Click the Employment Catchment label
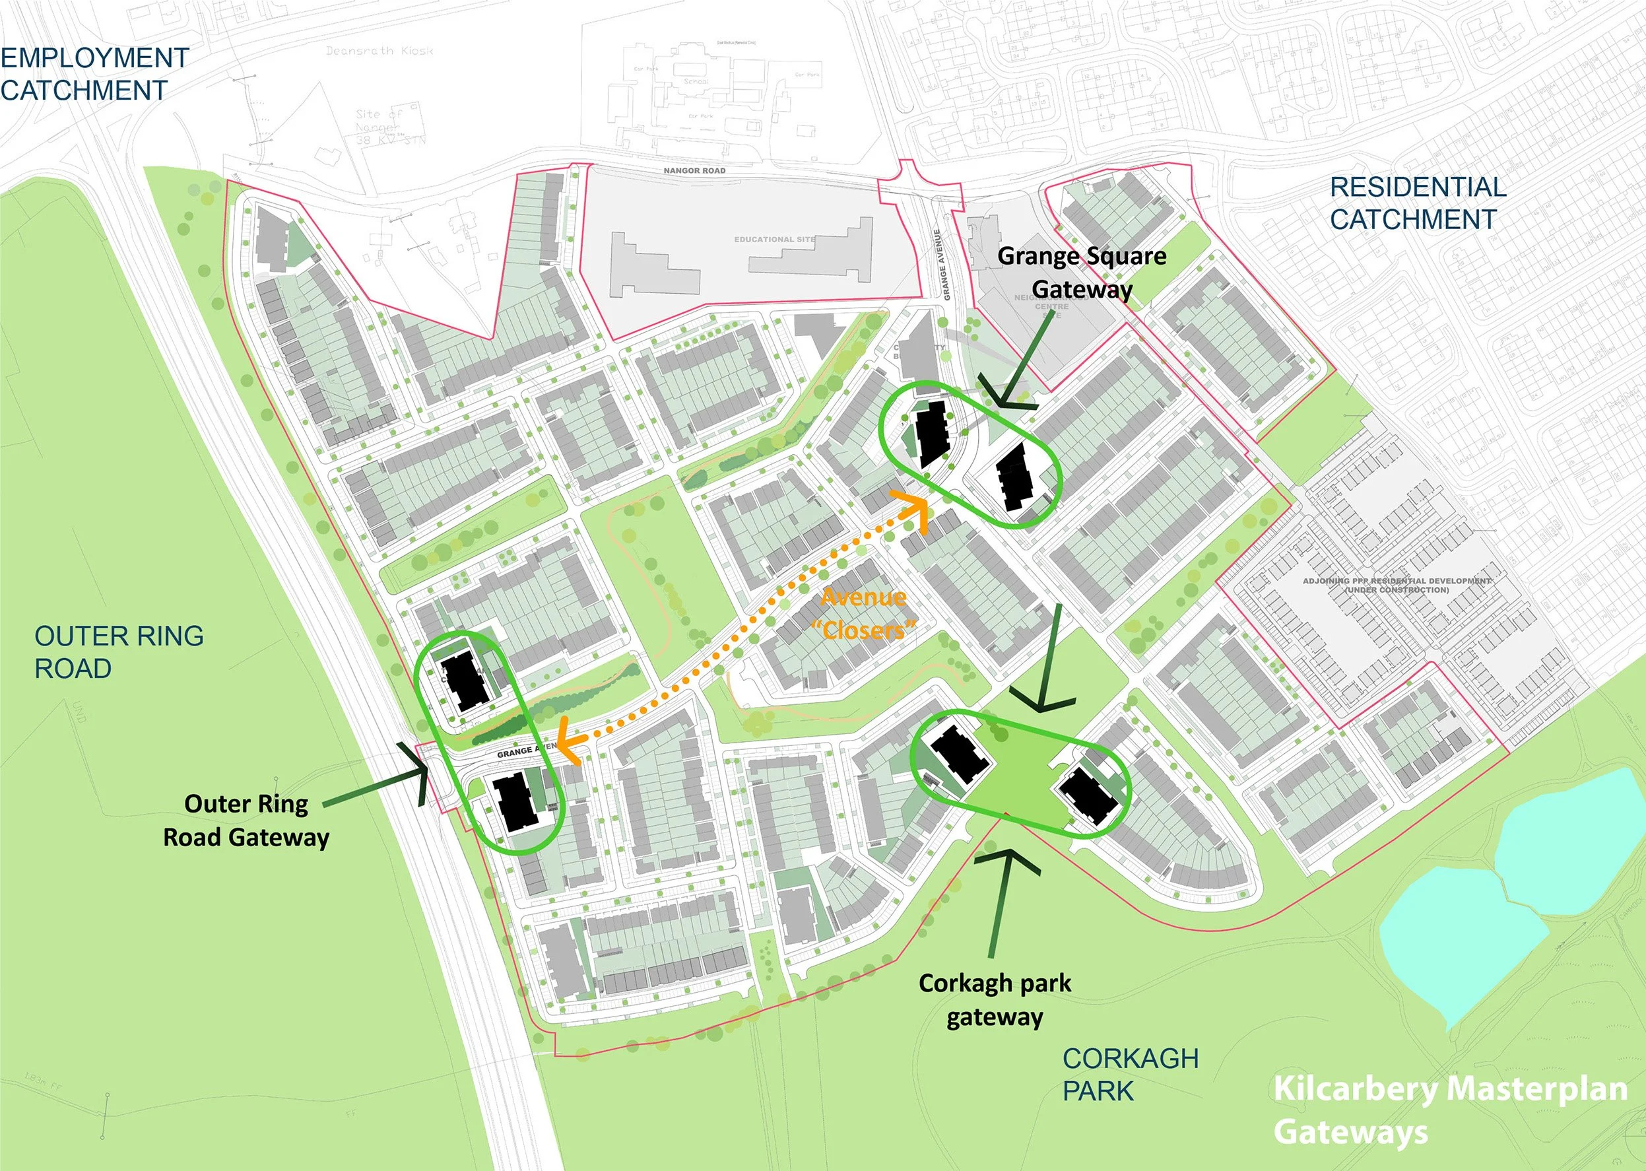(94, 73)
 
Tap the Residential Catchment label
(1417, 203)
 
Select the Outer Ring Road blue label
(119, 652)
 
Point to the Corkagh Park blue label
(1130, 1075)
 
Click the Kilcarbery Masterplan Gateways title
(1449, 1110)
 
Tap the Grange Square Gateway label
(1082, 273)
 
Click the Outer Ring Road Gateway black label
(246, 820)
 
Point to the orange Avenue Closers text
(863, 614)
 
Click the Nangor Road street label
(694, 171)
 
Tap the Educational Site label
(774, 240)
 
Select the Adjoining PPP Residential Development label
(1396, 585)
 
